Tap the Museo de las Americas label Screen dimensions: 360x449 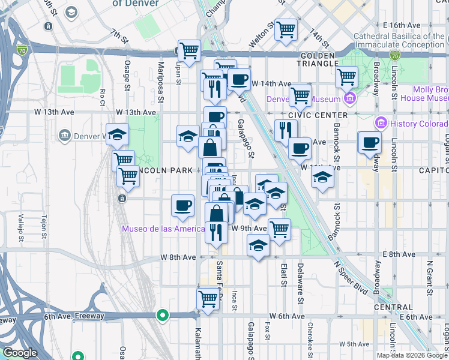pyautogui.click(x=162, y=229)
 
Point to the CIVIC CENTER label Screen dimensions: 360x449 pyautogui.click(x=318, y=115)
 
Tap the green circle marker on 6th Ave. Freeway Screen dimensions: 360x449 pyautogui.click(x=161, y=315)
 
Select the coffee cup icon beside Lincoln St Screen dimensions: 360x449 pyautogui.click(x=370, y=142)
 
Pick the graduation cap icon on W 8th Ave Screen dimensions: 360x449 pyautogui.click(x=258, y=245)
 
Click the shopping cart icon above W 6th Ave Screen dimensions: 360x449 pyautogui.click(x=208, y=298)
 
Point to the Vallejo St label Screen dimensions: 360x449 pyautogui.click(x=20, y=227)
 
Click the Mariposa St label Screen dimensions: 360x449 pyautogui.click(x=161, y=73)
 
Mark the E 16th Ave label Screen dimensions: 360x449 pyautogui.click(x=402, y=25)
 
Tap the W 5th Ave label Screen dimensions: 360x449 pyautogui.click(x=354, y=344)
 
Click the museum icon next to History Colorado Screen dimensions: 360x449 pyautogui.click(x=380, y=124)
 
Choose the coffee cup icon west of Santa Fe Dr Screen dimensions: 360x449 pyautogui.click(x=182, y=205)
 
